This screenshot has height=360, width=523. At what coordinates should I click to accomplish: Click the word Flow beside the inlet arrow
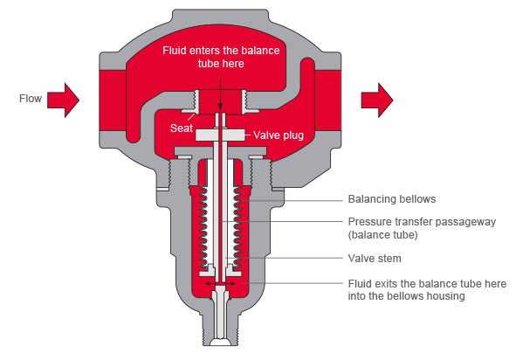coord(31,99)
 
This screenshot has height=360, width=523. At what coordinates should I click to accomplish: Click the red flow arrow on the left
coord(63,100)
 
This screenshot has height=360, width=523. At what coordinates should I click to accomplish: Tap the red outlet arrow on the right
coord(377,100)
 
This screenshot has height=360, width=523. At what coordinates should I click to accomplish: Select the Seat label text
coord(182,128)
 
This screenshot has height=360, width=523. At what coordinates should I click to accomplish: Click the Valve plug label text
coord(279,135)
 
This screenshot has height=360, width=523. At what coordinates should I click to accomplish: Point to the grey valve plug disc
coord(221,135)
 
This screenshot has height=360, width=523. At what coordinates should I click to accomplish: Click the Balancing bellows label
coord(392,199)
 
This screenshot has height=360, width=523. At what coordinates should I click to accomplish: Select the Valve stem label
coord(375,258)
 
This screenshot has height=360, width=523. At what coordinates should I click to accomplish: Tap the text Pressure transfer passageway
coord(422,222)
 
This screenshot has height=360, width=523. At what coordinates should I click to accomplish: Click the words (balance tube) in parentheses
coord(383,235)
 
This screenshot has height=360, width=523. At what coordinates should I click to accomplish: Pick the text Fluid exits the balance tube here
coord(427,283)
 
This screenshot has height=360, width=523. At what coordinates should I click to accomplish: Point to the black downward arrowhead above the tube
coord(220,107)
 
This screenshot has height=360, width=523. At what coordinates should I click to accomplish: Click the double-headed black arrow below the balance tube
coord(220,283)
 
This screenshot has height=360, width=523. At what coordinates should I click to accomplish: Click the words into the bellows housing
coord(406,296)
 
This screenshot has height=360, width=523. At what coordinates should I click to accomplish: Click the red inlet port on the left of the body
coord(113,100)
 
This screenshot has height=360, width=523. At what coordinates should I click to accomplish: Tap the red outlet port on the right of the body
coord(328,100)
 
